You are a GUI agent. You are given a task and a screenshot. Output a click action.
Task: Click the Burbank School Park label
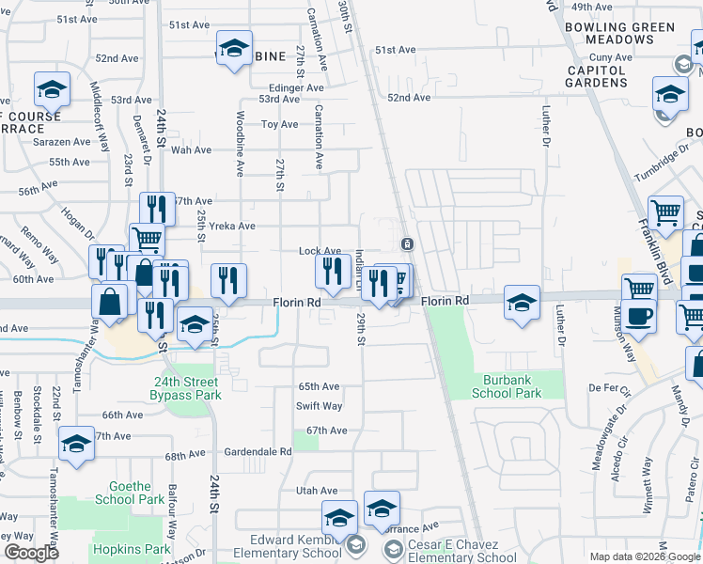coord(508,387)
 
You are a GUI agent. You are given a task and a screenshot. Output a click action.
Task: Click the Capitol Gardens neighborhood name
coord(596,75)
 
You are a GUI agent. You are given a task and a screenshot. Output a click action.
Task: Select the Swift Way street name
coord(320,406)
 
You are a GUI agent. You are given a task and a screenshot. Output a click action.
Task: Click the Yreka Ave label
coord(233,226)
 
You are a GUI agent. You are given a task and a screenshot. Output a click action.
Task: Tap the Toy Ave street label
coord(279,124)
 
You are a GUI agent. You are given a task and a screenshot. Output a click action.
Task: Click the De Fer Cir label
coord(608,386)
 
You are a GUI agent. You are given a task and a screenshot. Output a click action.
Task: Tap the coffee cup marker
coord(639,316)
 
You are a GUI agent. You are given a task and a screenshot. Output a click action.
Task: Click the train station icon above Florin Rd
coord(407,243)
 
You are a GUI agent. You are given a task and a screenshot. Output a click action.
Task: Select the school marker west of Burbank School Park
coord(522,303)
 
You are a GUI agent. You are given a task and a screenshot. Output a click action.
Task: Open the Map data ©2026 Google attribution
coord(644,556)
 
